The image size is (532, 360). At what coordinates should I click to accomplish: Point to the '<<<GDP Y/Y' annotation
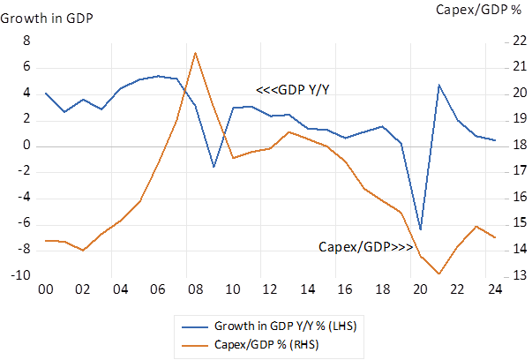click(294, 88)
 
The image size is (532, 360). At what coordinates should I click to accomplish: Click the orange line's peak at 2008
click(195, 53)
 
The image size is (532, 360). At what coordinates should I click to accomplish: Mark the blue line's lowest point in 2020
click(421, 229)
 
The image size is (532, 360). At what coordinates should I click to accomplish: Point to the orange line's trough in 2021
click(439, 274)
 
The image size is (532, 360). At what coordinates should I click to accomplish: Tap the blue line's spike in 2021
click(439, 85)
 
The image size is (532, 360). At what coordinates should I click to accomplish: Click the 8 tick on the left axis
click(26, 41)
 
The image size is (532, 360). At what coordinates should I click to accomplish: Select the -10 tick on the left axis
click(21, 275)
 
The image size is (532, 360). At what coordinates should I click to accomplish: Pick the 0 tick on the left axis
click(26, 146)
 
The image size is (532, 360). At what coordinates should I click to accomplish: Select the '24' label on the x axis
click(495, 289)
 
